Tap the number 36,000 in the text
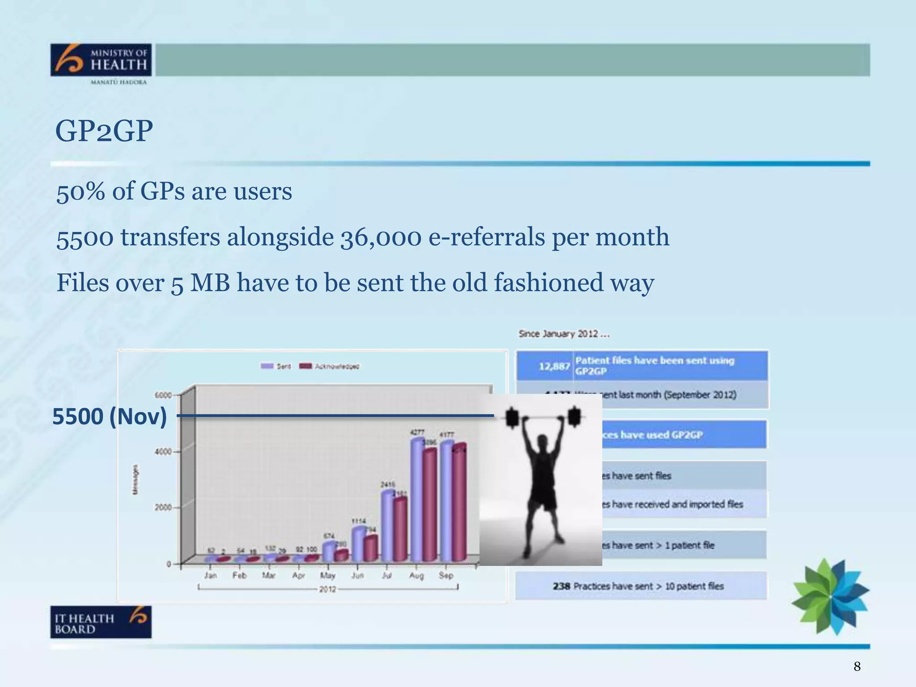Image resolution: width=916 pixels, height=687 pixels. click(381, 237)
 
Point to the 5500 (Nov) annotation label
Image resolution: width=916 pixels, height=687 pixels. click(110, 416)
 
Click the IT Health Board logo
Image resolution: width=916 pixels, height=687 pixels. click(101, 622)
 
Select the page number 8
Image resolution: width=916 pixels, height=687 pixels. click(857, 666)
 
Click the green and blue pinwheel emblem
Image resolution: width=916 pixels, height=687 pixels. click(830, 596)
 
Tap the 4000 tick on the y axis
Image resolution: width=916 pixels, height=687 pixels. click(163, 452)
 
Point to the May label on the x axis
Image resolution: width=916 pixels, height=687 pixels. click(327, 575)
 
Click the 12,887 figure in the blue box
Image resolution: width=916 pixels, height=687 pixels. click(554, 366)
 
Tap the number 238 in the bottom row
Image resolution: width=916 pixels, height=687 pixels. click(561, 586)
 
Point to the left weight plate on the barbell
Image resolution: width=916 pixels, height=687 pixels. click(512, 418)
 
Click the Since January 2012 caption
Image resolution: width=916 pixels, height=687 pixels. click(564, 334)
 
